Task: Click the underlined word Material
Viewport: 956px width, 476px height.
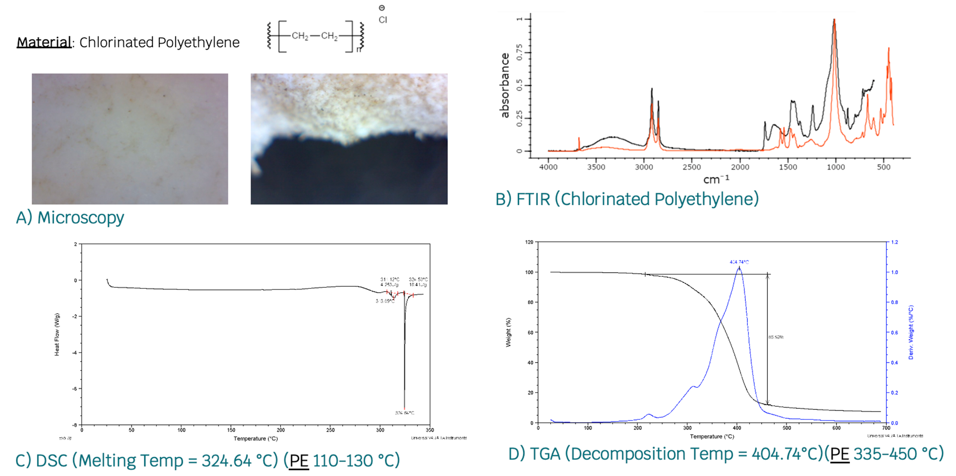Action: (44, 42)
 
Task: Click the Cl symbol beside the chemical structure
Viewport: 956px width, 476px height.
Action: (382, 20)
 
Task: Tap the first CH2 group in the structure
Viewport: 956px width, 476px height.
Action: (300, 36)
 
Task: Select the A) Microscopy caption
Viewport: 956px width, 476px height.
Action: (70, 218)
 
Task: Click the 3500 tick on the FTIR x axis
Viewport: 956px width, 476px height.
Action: (596, 167)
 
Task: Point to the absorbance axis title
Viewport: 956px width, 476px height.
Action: (505, 86)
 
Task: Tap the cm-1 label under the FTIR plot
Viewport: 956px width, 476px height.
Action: (716, 179)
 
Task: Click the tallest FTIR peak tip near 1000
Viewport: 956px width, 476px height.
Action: (834, 20)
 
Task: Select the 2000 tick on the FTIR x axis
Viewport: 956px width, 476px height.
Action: (740, 167)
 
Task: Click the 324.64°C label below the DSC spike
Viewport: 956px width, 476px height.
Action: (404, 413)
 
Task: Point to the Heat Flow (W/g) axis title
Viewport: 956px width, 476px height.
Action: (57, 335)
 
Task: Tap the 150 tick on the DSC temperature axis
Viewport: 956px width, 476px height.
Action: (231, 430)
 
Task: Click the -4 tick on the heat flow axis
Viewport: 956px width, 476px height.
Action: (75, 353)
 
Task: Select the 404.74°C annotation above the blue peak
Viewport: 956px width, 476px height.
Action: (739, 262)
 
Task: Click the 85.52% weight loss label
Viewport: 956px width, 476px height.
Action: (776, 337)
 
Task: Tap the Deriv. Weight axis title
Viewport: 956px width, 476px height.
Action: (911, 332)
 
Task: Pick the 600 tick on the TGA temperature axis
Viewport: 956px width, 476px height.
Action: (836, 428)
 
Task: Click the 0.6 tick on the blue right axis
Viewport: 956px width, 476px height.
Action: (894, 333)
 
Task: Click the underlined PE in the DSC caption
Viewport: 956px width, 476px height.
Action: (299, 461)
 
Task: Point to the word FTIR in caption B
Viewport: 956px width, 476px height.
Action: (533, 199)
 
